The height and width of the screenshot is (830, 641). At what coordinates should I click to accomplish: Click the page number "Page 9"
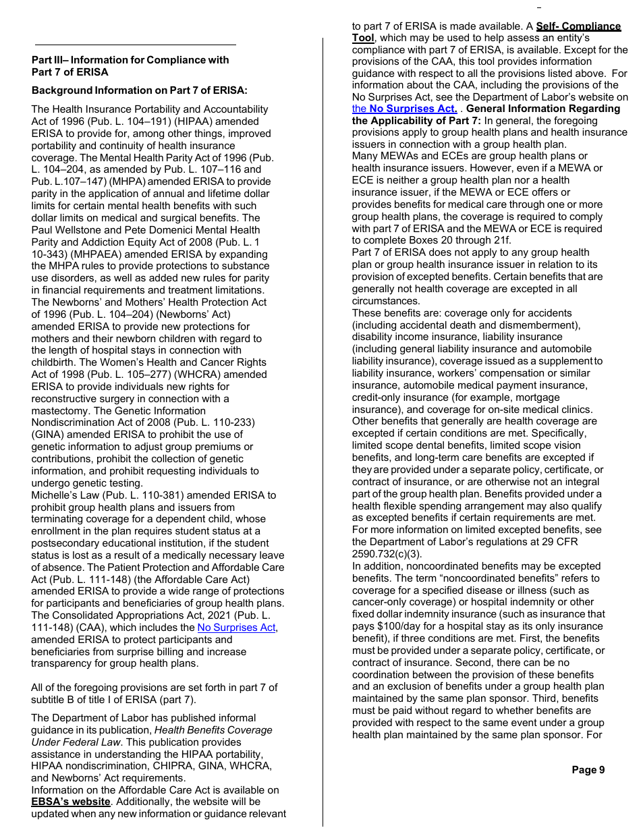click(588, 770)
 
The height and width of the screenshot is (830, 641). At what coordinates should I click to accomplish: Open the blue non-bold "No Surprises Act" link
click(236, 628)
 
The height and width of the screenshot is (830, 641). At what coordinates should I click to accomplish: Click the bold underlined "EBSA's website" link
click(71, 802)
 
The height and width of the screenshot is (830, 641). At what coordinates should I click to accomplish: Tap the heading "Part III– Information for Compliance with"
click(130, 60)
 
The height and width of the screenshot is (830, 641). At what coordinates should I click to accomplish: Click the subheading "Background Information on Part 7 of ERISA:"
click(140, 90)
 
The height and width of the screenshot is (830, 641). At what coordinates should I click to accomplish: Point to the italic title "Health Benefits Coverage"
click(213, 730)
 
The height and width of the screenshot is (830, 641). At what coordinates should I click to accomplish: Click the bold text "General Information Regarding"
click(543, 109)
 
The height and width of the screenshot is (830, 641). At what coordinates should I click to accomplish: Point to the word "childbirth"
click(53, 362)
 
